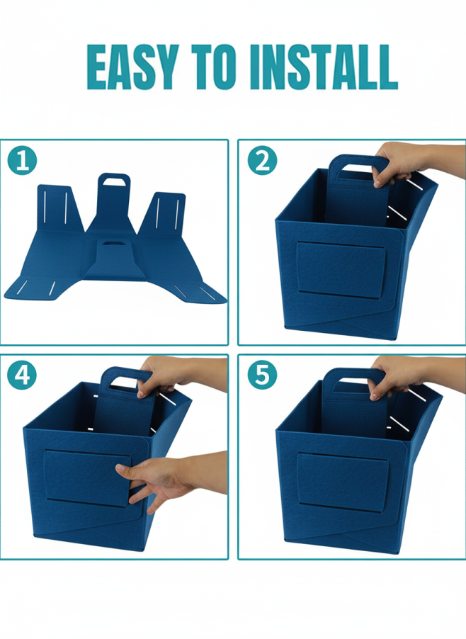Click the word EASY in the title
(x=132, y=67)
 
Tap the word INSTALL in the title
(x=324, y=67)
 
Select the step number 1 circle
(x=22, y=161)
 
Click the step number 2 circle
(x=262, y=161)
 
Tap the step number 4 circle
(x=22, y=375)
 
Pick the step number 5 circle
(x=262, y=375)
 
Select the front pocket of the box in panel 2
(x=341, y=269)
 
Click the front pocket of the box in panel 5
(x=342, y=482)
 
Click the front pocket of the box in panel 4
(x=88, y=477)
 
